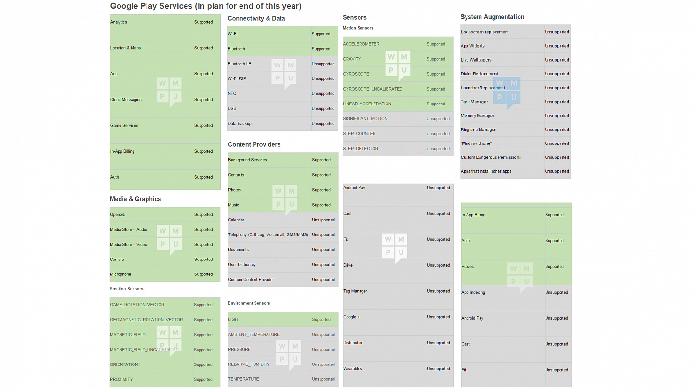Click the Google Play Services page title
(206, 6)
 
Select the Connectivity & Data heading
(256, 19)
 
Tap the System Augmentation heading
(493, 17)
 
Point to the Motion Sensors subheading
(358, 28)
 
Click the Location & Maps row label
(125, 48)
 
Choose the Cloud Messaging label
(126, 99)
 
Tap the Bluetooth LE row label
(240, 64)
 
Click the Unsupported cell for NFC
(323, 93)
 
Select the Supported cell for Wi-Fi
(321, 34)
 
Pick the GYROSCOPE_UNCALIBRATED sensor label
(373, 89)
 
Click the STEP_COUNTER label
(360, 134)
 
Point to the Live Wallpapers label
(476, 60)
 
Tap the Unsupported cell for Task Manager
(557, 102)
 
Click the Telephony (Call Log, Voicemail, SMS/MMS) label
(268, 234)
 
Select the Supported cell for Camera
(203, 260)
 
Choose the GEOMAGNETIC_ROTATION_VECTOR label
(146, 320)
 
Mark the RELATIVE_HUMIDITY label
(249, 364)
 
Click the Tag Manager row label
(355, 291)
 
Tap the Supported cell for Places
(554, 267)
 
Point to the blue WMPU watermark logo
(507, 91)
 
